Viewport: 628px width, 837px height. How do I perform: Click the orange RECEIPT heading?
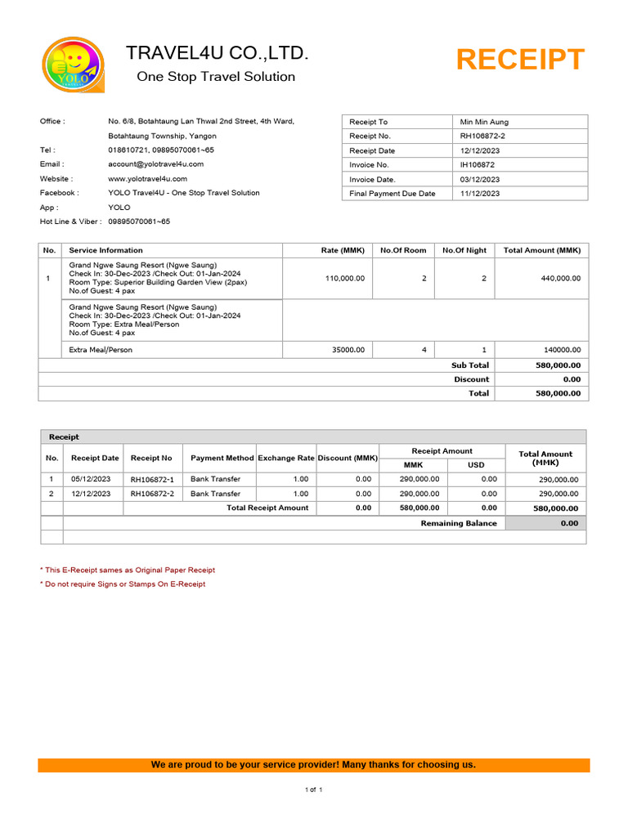click(520, 60)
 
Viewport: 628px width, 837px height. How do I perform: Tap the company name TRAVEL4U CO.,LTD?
click(218, 54)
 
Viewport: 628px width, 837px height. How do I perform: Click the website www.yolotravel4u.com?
click(147, 178)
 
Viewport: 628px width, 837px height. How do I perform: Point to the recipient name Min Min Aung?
click(484, 122)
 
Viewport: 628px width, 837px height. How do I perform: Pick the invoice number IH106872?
click(478, 165)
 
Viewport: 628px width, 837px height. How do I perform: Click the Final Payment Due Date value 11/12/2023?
click(480, 194)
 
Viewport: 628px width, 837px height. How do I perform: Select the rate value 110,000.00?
click(345, 279)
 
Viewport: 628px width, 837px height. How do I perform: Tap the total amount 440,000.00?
click(561, 279)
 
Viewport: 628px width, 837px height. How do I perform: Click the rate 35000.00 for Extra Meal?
click(348, 350)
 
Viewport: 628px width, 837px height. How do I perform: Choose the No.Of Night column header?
click(464, 250)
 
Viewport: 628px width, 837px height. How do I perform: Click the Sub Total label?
click(470, 365)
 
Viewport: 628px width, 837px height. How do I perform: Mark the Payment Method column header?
click(222, 459)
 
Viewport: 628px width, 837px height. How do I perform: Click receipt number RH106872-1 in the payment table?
click(152, 480)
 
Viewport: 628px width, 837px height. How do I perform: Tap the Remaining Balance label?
click(458, 523)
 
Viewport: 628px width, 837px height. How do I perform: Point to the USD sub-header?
click(476, 465)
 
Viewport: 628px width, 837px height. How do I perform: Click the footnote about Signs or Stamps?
click(123, 584)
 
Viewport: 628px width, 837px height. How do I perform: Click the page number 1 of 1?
click(314, 790)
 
